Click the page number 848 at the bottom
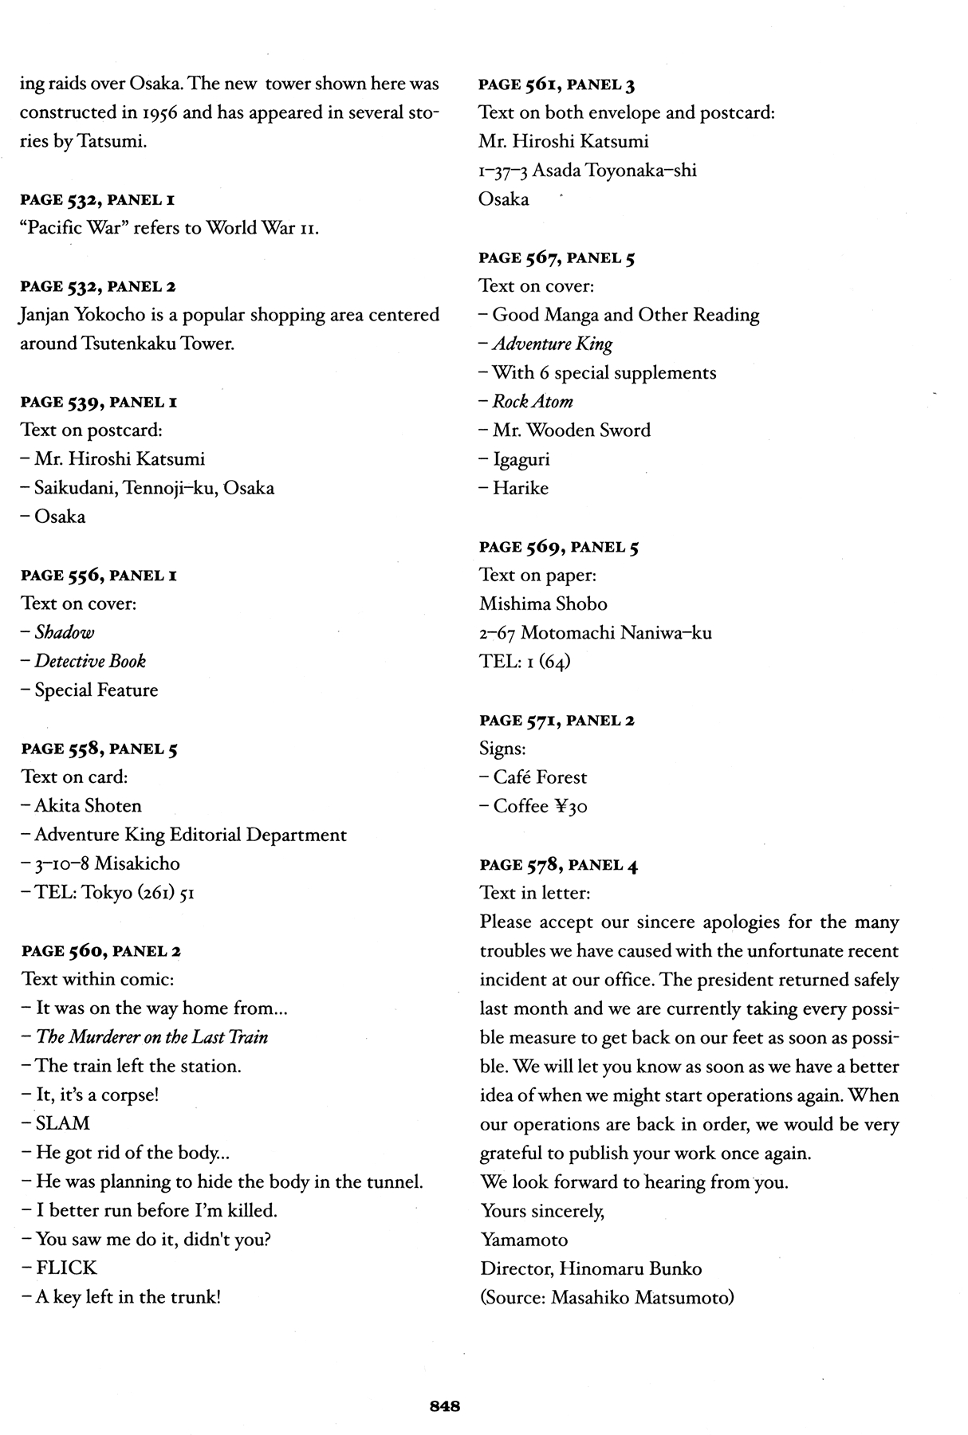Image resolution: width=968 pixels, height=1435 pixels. tap(444, 1406)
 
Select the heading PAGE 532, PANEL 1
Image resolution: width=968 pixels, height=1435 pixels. tap(99, 199)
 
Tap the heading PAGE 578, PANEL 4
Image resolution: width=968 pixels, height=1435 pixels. tap(558, 864)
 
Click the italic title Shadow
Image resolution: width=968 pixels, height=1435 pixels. tap(64, 632)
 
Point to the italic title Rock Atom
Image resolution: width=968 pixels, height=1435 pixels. tap(533, 401)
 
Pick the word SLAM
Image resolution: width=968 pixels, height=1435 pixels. tap(63, 1123)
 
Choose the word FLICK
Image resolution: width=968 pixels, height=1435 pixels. tap(66, 1268)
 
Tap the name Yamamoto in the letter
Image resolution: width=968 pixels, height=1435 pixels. tap(524, 1240)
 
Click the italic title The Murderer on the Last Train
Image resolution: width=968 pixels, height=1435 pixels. tap(151, 1037)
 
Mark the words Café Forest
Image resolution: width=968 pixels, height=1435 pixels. tap(540, 777)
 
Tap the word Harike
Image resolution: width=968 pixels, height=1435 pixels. tap(520, 488)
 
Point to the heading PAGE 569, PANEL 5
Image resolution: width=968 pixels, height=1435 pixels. tap(558, 547)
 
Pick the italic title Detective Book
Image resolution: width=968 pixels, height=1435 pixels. tap(90, 661)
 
